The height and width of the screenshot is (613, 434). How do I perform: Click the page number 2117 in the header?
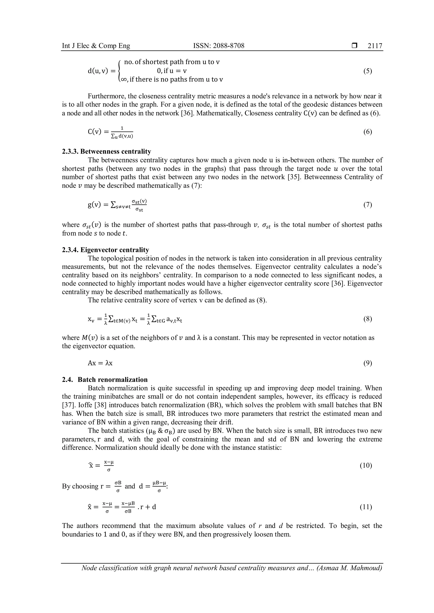coord(375,46)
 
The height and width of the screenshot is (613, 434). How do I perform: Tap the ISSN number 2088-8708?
coord(219,46)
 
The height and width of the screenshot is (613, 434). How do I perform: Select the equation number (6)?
coord(367,132)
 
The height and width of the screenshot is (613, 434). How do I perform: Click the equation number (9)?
coord(367,363)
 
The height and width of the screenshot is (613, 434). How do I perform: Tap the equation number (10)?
coord(366,466)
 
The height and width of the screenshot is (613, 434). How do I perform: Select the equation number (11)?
coord(366,507)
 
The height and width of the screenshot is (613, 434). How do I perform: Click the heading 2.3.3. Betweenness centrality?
coord(106,152)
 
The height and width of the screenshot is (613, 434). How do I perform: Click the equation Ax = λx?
coord(100,363)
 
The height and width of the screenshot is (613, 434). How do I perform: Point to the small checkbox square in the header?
coord(354,46)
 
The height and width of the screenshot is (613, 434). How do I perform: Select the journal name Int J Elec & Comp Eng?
coord(96,46)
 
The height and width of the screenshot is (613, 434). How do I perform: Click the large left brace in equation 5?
coord(120,71)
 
